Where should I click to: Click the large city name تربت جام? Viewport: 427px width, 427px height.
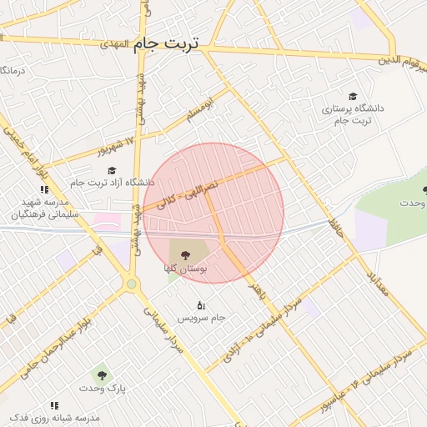[166, 43]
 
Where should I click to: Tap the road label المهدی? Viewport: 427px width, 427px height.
[114, 42]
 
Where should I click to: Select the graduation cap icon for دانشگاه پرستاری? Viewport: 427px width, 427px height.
[353, 97]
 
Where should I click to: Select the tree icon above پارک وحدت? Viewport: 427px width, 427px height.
[102, 376]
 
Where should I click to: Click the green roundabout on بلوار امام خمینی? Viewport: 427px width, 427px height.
[131, 284]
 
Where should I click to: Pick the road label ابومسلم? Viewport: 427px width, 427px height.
[201, 106]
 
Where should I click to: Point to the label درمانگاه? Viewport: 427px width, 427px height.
[14, 71]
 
